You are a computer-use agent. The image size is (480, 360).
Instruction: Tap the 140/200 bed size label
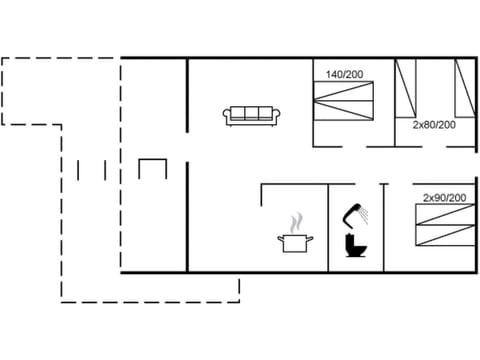(345, 74)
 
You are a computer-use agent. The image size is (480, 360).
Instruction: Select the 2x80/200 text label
(434, 125)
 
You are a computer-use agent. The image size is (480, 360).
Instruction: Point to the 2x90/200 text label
(444, 198)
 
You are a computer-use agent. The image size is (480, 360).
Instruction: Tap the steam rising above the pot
(295, 220)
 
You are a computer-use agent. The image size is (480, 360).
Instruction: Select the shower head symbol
(353, 211)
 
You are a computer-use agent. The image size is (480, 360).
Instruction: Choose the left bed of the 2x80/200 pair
(405, 88)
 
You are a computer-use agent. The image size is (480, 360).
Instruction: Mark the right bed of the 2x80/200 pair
(463, 88)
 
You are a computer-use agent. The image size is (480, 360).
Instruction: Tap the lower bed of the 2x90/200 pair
(444, 240)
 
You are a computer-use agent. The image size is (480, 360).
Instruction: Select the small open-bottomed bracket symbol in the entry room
(153, 169)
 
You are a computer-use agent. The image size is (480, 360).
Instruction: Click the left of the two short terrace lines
(79, 169)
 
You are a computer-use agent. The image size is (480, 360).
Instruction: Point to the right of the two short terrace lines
(105, 169)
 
